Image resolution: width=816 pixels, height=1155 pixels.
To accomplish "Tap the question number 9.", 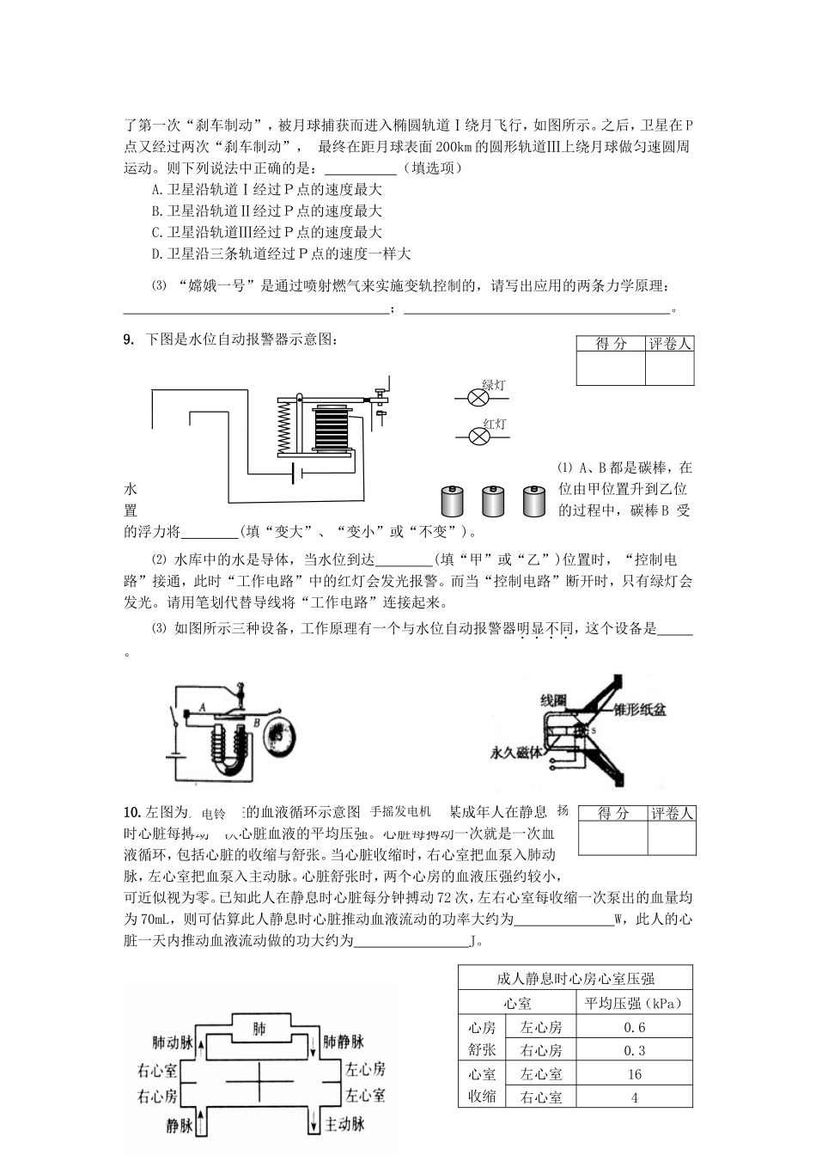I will (129, 340).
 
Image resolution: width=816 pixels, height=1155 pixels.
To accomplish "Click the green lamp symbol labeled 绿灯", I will (478, 397).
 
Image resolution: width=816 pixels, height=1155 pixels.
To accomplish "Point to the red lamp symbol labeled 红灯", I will (478, 436).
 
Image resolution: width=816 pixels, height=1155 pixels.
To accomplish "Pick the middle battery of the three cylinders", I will (492, 501).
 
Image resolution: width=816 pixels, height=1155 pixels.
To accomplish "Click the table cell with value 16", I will (635, 1074).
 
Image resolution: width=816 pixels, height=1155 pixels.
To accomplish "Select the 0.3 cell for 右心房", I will (635, 1050).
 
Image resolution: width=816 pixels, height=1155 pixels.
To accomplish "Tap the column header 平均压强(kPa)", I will (635, 1003).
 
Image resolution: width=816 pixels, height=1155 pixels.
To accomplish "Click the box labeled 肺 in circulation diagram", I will (259, 1028).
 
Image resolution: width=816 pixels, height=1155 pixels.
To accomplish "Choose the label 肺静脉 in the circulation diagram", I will (344, 1042).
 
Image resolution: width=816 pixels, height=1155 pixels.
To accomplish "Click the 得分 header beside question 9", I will (611, 344).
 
